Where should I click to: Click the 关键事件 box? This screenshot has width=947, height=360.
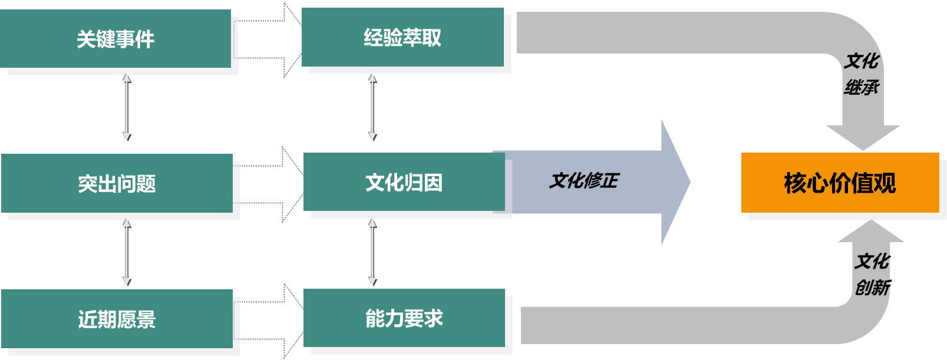click(116, 39)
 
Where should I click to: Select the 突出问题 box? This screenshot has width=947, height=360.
click(117, 183)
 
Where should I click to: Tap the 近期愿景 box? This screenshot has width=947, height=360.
click(117, 319)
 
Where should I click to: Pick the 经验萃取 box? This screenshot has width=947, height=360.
click(402, 38)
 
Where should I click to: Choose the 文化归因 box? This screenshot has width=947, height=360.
click(404, 182)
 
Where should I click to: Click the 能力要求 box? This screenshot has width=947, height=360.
click(404, 318)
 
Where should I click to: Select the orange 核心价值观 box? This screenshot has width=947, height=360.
click(840, 183)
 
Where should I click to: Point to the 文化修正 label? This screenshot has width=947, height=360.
click(583, 180)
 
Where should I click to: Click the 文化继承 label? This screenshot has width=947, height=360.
click(861, 74)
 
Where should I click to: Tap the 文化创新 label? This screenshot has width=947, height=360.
click(872, 274)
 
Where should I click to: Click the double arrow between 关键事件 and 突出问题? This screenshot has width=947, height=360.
click(126, 107)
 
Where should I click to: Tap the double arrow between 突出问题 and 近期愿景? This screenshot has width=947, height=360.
click(126, 252)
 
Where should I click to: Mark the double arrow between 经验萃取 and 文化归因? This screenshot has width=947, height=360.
click(372, 107)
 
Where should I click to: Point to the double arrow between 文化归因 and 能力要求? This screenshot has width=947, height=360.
click(372, 252)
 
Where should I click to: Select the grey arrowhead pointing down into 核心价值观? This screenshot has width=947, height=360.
click(863, 137)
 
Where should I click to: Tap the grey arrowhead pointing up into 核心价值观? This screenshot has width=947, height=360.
click(871, 232)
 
